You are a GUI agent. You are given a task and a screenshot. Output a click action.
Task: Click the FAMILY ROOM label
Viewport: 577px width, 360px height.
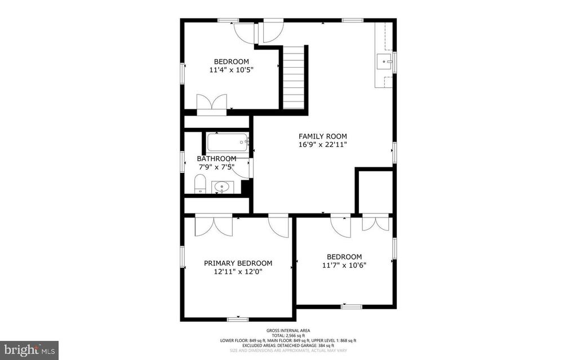pyautogui.click(x=322, y=136)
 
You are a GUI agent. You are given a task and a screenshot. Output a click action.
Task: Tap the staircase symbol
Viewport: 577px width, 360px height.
pyautogui.click(x=294, y=77)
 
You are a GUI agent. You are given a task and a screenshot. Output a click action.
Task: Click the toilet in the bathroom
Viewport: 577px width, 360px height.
pyautogui.click(x=199, y=184)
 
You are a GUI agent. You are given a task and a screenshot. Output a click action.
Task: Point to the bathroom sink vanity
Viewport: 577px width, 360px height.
pyautogui.click(x=223, y=187)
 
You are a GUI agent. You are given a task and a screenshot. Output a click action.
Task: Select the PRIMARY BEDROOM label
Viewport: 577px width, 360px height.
pyautogui.click(x=238, y=263)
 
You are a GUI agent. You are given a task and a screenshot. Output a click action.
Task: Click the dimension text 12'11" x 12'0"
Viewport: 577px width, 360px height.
pyautogui.click(x=238, y=272)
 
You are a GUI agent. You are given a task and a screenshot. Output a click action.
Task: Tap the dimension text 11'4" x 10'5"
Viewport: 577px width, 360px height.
pyautogui.click(x=231, y=70)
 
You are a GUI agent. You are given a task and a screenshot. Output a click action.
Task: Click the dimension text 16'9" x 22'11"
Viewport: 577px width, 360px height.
pyautogui.click(x=322, y=145)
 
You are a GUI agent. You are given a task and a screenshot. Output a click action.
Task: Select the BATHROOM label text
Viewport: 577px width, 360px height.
pyautogui.click(x=216, y=159)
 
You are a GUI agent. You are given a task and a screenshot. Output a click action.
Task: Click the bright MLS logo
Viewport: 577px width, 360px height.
pyautogui.click(x=29, y=349)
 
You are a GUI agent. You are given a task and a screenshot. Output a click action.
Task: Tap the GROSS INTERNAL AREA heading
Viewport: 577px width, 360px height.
pyautogui.click(x=288, y=331)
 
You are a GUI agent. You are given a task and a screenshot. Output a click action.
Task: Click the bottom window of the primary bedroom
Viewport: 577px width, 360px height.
pyautogui.click(x=238, y=319)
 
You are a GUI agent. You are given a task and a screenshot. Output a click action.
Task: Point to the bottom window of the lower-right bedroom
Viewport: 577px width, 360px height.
pyautogui.click(x=351, y=306)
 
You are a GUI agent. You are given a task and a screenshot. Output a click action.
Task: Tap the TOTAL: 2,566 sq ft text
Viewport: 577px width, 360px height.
pyautogui.click(x=288, y=336)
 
